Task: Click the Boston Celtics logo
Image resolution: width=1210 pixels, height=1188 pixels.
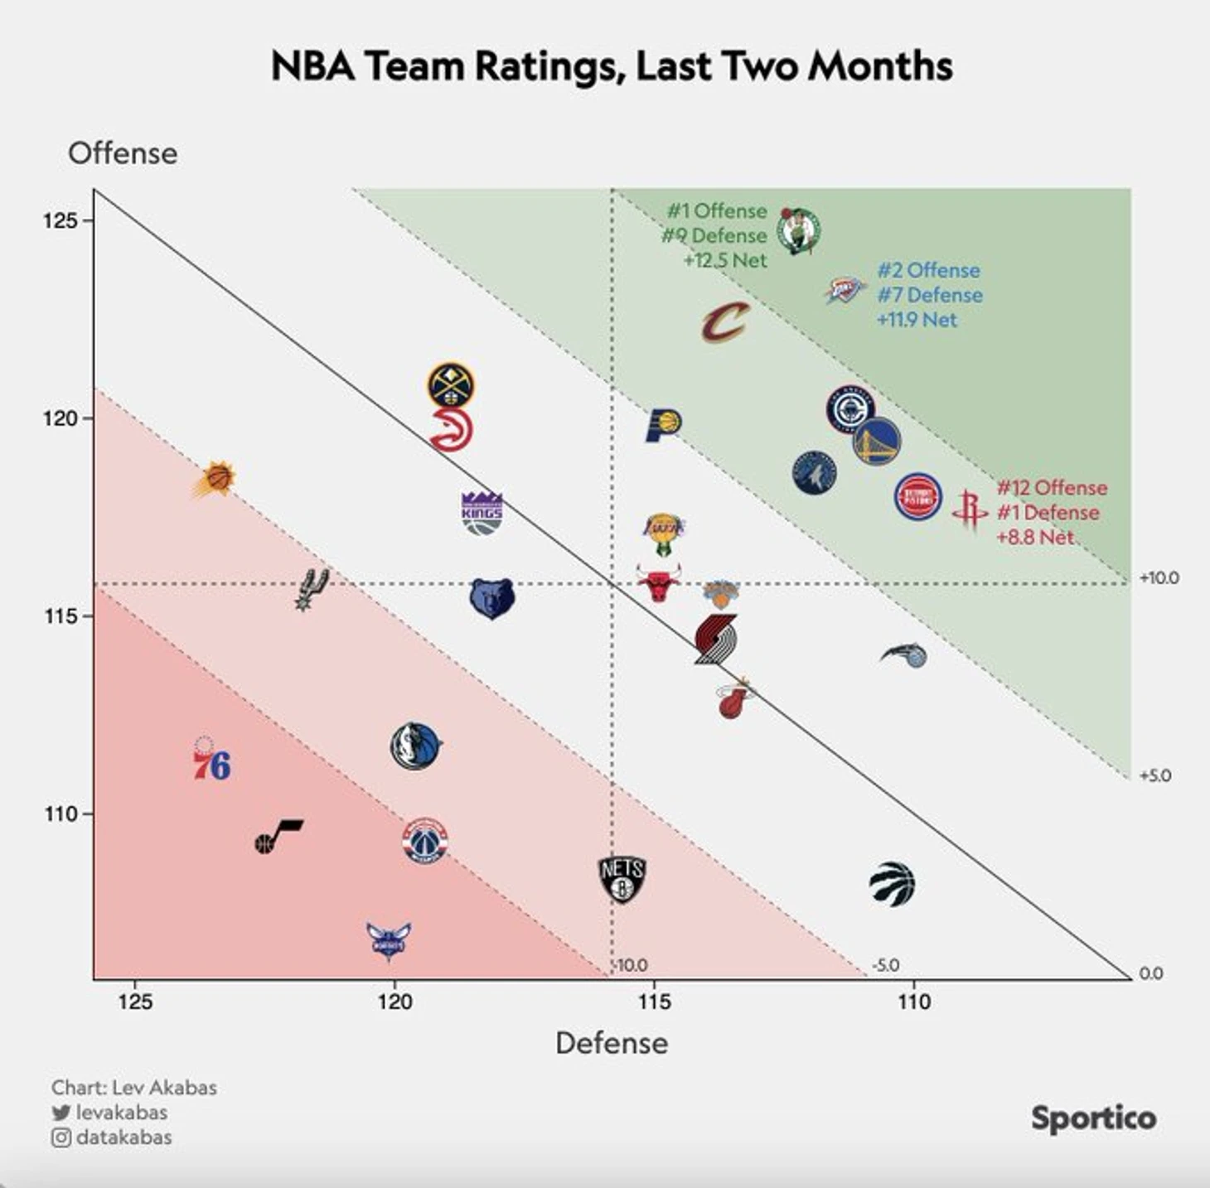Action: pyautogui.click(x=798, y=231)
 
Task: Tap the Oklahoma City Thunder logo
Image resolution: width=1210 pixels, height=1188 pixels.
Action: pyautogui.click(x=845, y=290)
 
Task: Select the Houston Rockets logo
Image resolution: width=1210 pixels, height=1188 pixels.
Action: pyautogui.click(x=969, y=509)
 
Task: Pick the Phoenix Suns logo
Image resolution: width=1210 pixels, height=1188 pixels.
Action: pyautogui.click(x=216, y=478)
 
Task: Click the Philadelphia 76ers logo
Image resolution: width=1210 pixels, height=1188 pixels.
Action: pyautogui.click(x=211, y=759)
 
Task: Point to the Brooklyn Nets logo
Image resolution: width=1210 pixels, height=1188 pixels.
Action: pyautogui.click(x=622, y=879)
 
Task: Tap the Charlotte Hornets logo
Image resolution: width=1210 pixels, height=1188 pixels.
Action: pyautogui.click(x=389, y=940)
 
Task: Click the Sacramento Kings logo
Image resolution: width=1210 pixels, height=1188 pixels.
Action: pyautogui.click(x=482, y=513)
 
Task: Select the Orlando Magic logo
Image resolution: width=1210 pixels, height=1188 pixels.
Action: pyautogui.click(x=905, y=654)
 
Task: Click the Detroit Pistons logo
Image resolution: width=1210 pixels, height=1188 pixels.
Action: pyautogui.click(x=917, y=497)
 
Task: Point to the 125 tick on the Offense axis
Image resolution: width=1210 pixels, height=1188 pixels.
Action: pyautogui.click(x=60, y=220)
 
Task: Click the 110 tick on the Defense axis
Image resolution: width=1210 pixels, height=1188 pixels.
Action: pyautogui.click(x=914, y=1002)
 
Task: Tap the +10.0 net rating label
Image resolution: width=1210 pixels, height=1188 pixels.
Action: pyautogui.click(x=1159, y=578)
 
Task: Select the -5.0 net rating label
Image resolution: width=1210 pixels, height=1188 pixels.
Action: pyautogui.click(x=885, y=965)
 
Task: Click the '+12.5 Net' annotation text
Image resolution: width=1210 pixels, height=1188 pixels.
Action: pyautogui.click(x=724, y=260)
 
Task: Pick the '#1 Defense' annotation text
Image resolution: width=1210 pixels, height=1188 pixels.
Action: pyautogui.click(x=1048, y=512)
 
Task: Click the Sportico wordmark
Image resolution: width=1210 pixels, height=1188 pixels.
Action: pyautogui.click(x=1093, y=1118)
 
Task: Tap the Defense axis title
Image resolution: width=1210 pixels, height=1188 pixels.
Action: pyautogui.click(x=612, y=1043)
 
